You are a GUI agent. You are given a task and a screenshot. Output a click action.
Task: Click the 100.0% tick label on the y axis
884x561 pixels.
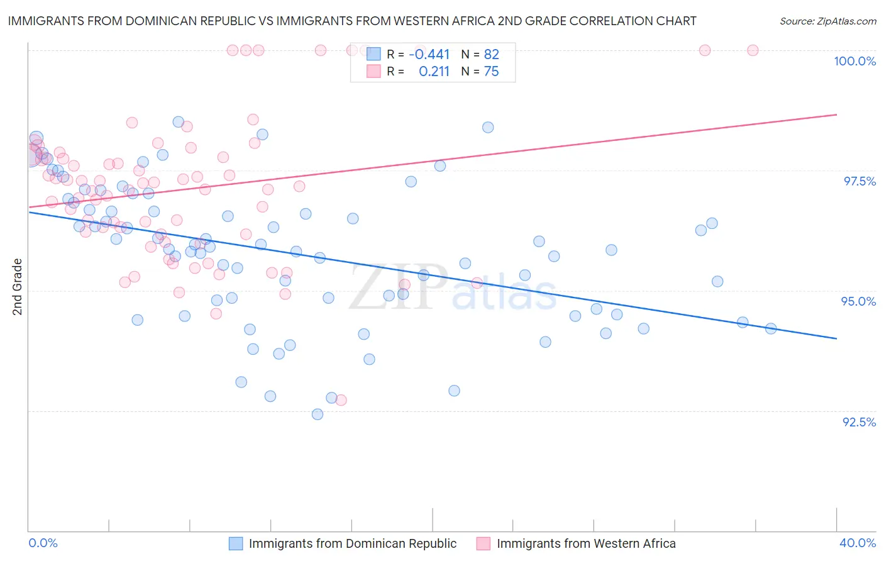coord(854,61)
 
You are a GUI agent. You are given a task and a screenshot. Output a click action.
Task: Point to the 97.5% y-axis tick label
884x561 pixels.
coord(859,181)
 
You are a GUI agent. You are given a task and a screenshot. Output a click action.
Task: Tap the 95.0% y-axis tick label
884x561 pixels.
coord(858,301)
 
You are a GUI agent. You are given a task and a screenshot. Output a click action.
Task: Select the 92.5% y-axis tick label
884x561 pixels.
coord(859,422)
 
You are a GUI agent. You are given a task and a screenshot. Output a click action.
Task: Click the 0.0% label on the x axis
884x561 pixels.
coord(43,543)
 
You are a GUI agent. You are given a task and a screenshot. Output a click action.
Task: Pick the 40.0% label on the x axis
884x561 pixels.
coord(858,543)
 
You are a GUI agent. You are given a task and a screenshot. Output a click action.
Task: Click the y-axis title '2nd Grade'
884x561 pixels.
coord(18,287)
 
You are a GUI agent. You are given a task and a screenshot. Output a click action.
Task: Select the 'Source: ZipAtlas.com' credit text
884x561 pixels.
coord(827,21)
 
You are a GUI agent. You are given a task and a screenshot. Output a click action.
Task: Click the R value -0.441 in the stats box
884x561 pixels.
coord(429,55)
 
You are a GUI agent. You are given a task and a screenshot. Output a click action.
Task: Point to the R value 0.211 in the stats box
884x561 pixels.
coord(434,72)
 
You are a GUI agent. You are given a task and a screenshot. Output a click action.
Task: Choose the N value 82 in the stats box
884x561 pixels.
coord(491,55)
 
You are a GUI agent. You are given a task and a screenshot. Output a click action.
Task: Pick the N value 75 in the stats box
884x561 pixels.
coord(491,72)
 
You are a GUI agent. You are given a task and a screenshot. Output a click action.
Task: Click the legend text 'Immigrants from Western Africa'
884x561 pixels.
coord(586,543)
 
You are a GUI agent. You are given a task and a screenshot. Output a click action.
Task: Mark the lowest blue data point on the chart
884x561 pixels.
coord(318,414)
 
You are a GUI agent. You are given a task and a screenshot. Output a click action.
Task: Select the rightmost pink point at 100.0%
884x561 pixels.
coord(753,50)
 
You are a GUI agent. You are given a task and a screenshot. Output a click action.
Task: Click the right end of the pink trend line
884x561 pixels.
coord(836,114)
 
